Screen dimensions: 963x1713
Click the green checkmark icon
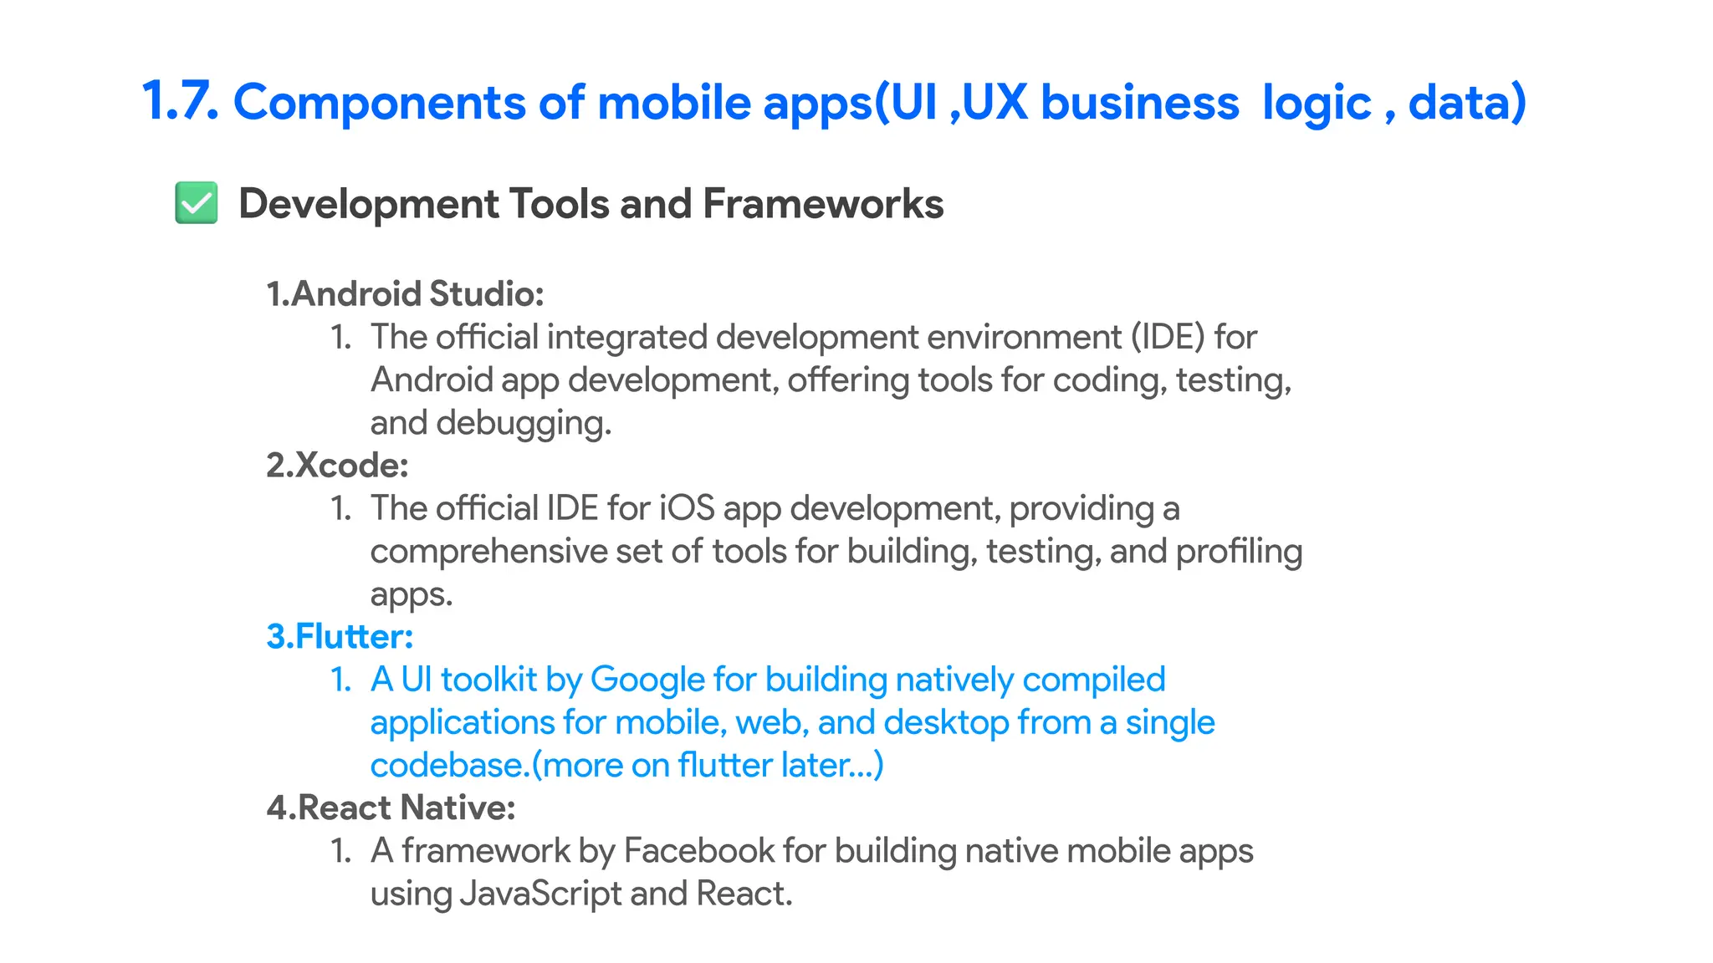point(197,203)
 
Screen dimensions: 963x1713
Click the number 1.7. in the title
point(180,102)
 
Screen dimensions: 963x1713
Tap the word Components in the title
point(380,102)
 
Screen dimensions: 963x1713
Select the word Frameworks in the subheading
point(823,203)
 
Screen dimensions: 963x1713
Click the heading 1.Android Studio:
point(405,294)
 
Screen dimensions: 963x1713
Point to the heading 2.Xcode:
point(337,466)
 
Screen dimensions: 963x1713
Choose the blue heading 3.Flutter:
point(340,637)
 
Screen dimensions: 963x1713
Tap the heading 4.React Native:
point(391,808)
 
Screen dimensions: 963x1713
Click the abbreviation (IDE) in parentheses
point(1168,337)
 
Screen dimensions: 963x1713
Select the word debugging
point(524,423)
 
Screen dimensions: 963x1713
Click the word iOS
point(687,508)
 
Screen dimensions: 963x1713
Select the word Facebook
point(698,851)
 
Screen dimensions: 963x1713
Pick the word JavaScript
point(541,894)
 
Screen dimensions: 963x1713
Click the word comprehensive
point(488,552)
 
